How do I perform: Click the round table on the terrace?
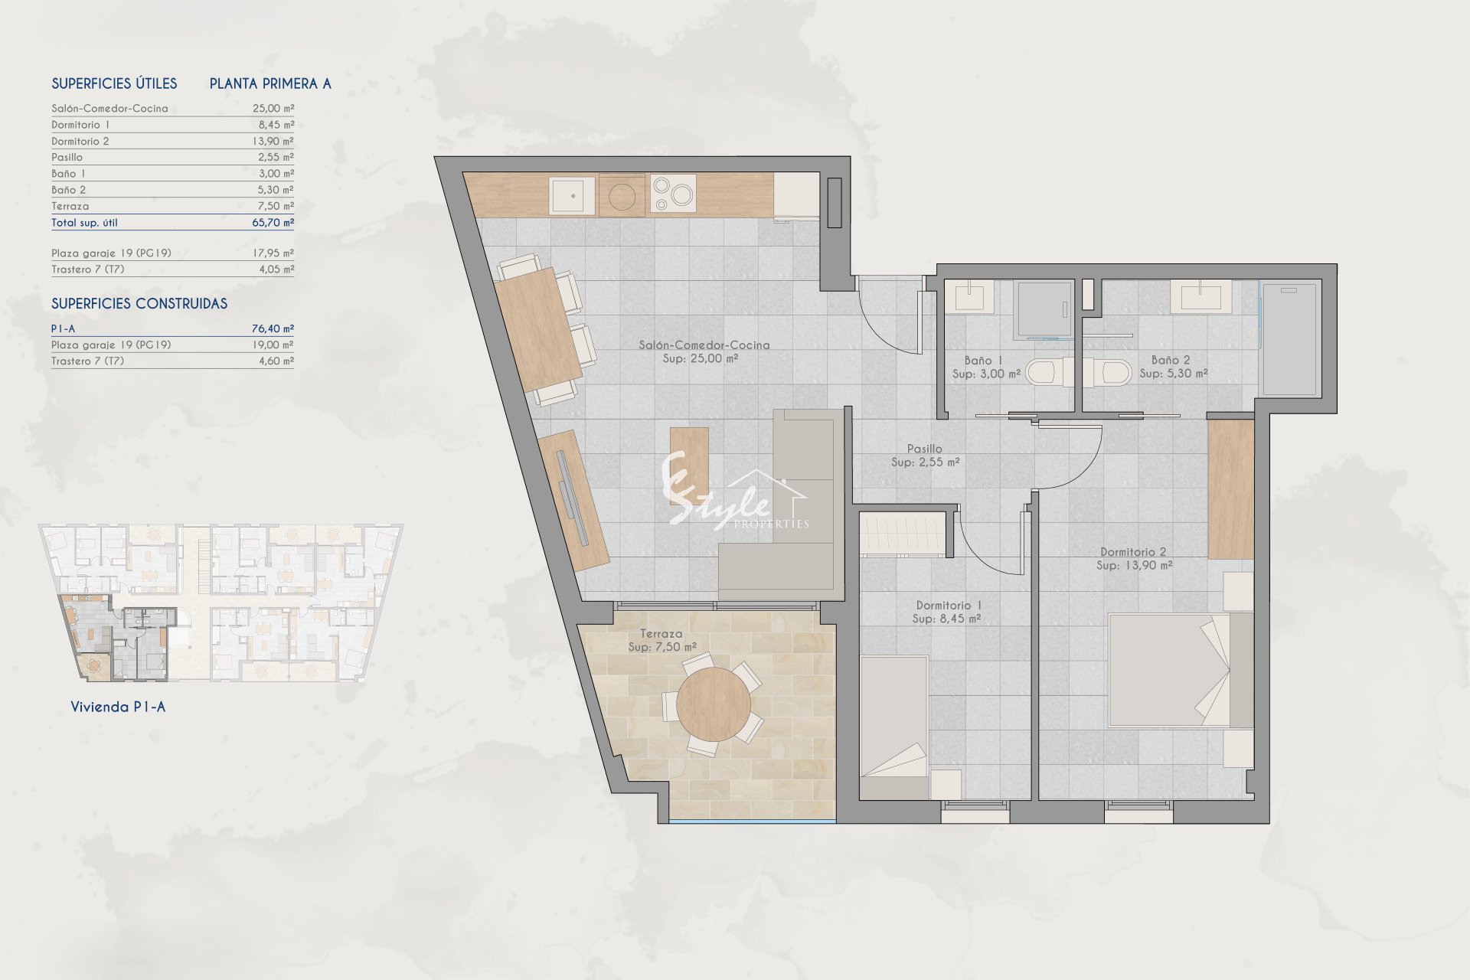pos(713,704)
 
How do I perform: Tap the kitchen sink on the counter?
pos(572,195)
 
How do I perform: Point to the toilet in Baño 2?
pos(1107,373)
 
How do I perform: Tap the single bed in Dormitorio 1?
pos(894,727)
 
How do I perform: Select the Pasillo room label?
pos(924,449)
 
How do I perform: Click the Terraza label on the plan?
pos(661,634)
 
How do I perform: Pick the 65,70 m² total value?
pos(273,223)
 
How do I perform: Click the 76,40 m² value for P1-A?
pos(273,328)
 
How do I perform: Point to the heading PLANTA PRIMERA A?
pos(270,83)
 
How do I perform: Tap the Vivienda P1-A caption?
pos(118,707)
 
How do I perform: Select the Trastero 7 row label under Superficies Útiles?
pos(87,269)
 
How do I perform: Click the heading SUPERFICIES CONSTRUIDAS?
pos(139,304)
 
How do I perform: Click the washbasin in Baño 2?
pos(1200,297)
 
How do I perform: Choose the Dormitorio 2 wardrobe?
pos(1231,489)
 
